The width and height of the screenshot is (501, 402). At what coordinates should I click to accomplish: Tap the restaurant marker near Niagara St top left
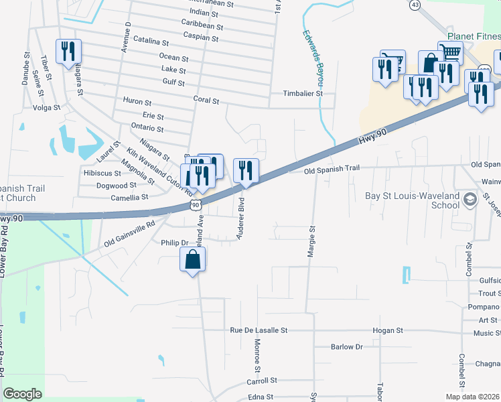pos(68,52)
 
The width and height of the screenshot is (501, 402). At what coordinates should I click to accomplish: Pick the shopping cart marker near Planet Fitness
pos(450,52)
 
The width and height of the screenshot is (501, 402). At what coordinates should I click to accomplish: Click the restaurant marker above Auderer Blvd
pos(246,171)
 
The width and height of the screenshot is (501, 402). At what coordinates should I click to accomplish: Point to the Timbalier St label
pos(303,94)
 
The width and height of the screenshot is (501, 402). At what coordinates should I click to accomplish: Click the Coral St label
pos(206,100)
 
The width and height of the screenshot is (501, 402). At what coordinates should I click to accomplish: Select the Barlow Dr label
pos(346,347)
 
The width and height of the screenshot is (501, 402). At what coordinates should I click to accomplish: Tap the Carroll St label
pos(262,381)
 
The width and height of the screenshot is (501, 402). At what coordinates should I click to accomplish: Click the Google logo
pos(22,394)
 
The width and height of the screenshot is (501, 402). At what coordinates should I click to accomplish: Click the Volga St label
pos(46,107)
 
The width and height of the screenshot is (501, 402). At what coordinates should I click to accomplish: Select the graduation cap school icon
pos(471,198)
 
